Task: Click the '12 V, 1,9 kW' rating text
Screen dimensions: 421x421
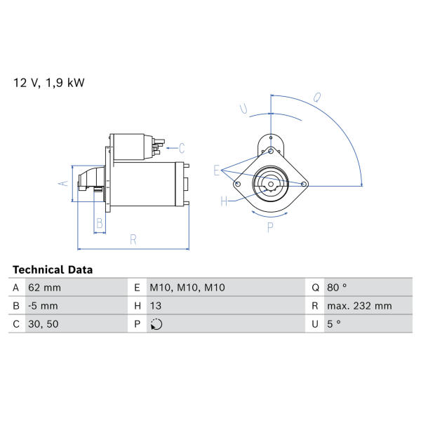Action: (49, 83)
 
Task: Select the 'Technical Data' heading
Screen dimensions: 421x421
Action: (53, 269)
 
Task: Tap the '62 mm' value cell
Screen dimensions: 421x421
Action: (45, 288)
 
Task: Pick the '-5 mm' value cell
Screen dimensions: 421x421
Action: (43, 306)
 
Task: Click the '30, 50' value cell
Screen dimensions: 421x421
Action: (44, 323)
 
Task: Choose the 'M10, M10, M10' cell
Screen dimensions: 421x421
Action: (187, 288)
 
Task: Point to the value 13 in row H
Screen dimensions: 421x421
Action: (156, 306)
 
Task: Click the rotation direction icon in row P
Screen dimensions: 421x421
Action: (156, 324)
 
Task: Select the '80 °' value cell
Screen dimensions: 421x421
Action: (337, 288)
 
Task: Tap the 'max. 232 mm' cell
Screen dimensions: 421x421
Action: (359, 306)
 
